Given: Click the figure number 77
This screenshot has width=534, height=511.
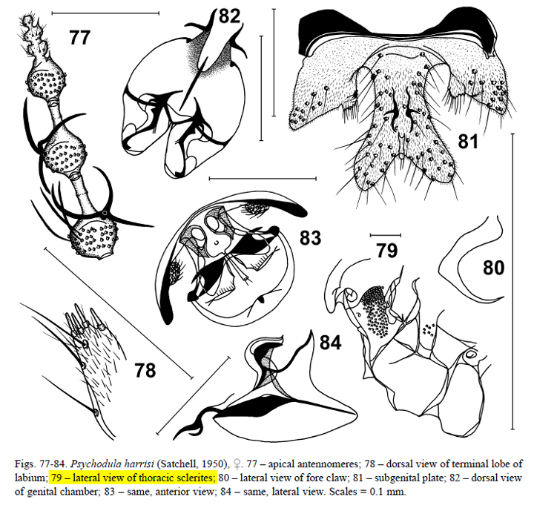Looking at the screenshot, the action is (x=80, y=37).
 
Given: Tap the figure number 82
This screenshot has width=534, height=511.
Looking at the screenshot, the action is (x=229, y=16).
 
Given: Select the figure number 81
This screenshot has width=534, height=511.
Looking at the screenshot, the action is (x=468, y=141).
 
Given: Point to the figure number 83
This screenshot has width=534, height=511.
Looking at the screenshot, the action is (x=310, y=237).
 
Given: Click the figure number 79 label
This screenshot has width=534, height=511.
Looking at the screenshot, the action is (x=387, y=251).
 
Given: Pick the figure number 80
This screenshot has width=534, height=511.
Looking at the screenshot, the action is (x=493, y=268).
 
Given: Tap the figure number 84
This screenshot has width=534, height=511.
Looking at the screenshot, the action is (x=330, y=343).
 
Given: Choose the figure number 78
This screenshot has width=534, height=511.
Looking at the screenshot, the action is (x=145, y=370).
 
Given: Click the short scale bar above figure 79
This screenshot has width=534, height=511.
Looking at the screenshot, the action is (x=386, y=235).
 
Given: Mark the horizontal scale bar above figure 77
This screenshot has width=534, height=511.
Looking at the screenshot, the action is (x=105, y=13).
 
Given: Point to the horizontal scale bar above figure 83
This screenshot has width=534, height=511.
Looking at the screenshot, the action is (x=263, y=178).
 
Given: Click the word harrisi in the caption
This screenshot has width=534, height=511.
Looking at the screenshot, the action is (x=139, y=464).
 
